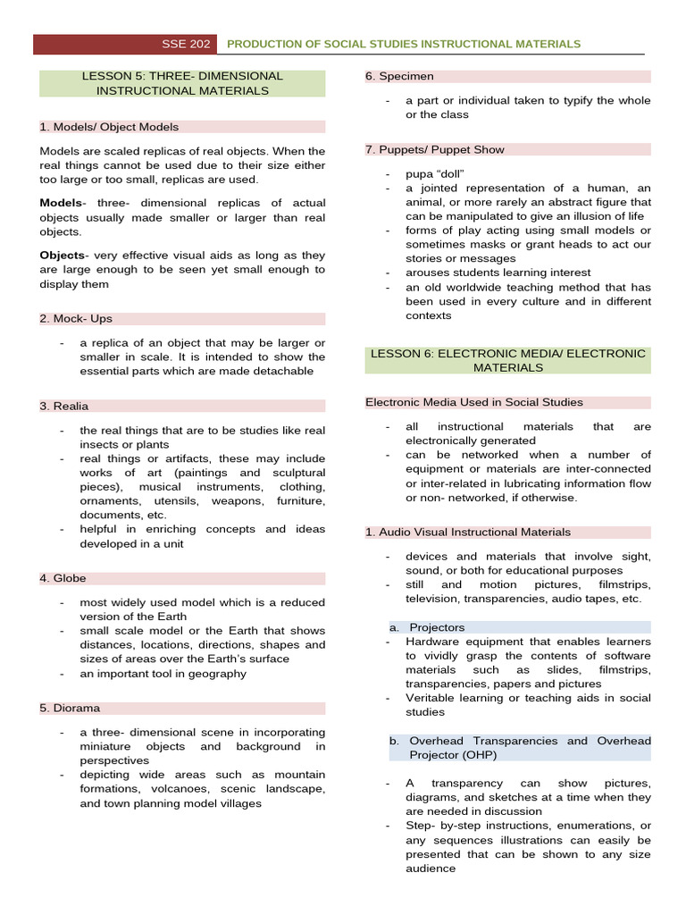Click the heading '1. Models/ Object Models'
109,127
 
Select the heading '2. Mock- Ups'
76,318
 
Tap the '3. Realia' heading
63,406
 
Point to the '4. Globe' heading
63,578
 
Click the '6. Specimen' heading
399,76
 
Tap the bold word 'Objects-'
63,256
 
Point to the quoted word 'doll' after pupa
451,173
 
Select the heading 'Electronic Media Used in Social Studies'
473,402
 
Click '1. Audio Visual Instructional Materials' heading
467,532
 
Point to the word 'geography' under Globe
214,673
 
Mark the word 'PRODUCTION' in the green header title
265,44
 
